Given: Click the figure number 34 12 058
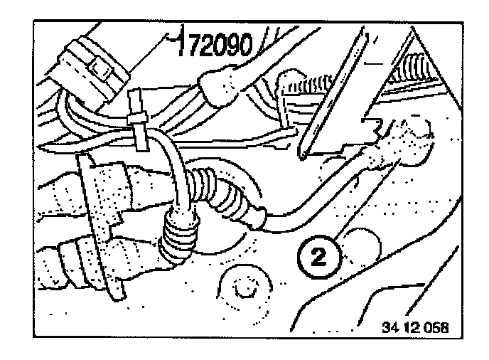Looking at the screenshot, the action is (x=416, y=328).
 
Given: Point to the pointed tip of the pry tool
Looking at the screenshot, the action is (x=304, y=154).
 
